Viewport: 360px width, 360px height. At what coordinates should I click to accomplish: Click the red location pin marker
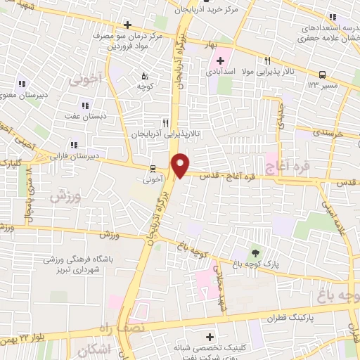(181, 165)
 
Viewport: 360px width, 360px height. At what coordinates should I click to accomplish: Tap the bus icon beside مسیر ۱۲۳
(322, 74)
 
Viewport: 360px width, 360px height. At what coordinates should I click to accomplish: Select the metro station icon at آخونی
(153, 169)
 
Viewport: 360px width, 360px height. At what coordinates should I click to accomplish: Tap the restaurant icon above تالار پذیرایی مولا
(267, 61)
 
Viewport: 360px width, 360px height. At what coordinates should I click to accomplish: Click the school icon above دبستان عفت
(85, 105)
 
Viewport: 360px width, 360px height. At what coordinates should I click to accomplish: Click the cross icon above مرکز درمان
(127, 25)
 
